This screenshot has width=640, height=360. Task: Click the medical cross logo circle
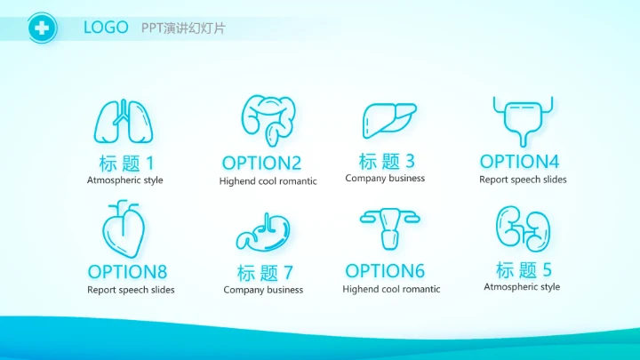(41, 28)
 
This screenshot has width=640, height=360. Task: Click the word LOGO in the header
(106, 28)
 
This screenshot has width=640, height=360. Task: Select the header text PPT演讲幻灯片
(183, 28)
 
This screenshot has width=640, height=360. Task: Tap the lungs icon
(124, 121)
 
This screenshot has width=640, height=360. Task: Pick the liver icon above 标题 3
(388, 120)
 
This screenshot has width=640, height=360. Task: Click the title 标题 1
(126, 163)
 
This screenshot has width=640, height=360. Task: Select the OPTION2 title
(261, 163)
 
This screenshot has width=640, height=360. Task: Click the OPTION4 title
(519, 161)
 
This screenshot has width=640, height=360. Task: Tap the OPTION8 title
(127, 271)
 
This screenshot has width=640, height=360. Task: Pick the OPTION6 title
(385, 270)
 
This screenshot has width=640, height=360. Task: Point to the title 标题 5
(524, 269)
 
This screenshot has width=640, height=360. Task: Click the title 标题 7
(264, 272)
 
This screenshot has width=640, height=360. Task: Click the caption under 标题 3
(385, 179)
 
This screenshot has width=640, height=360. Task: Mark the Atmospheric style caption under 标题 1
(125, 180)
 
